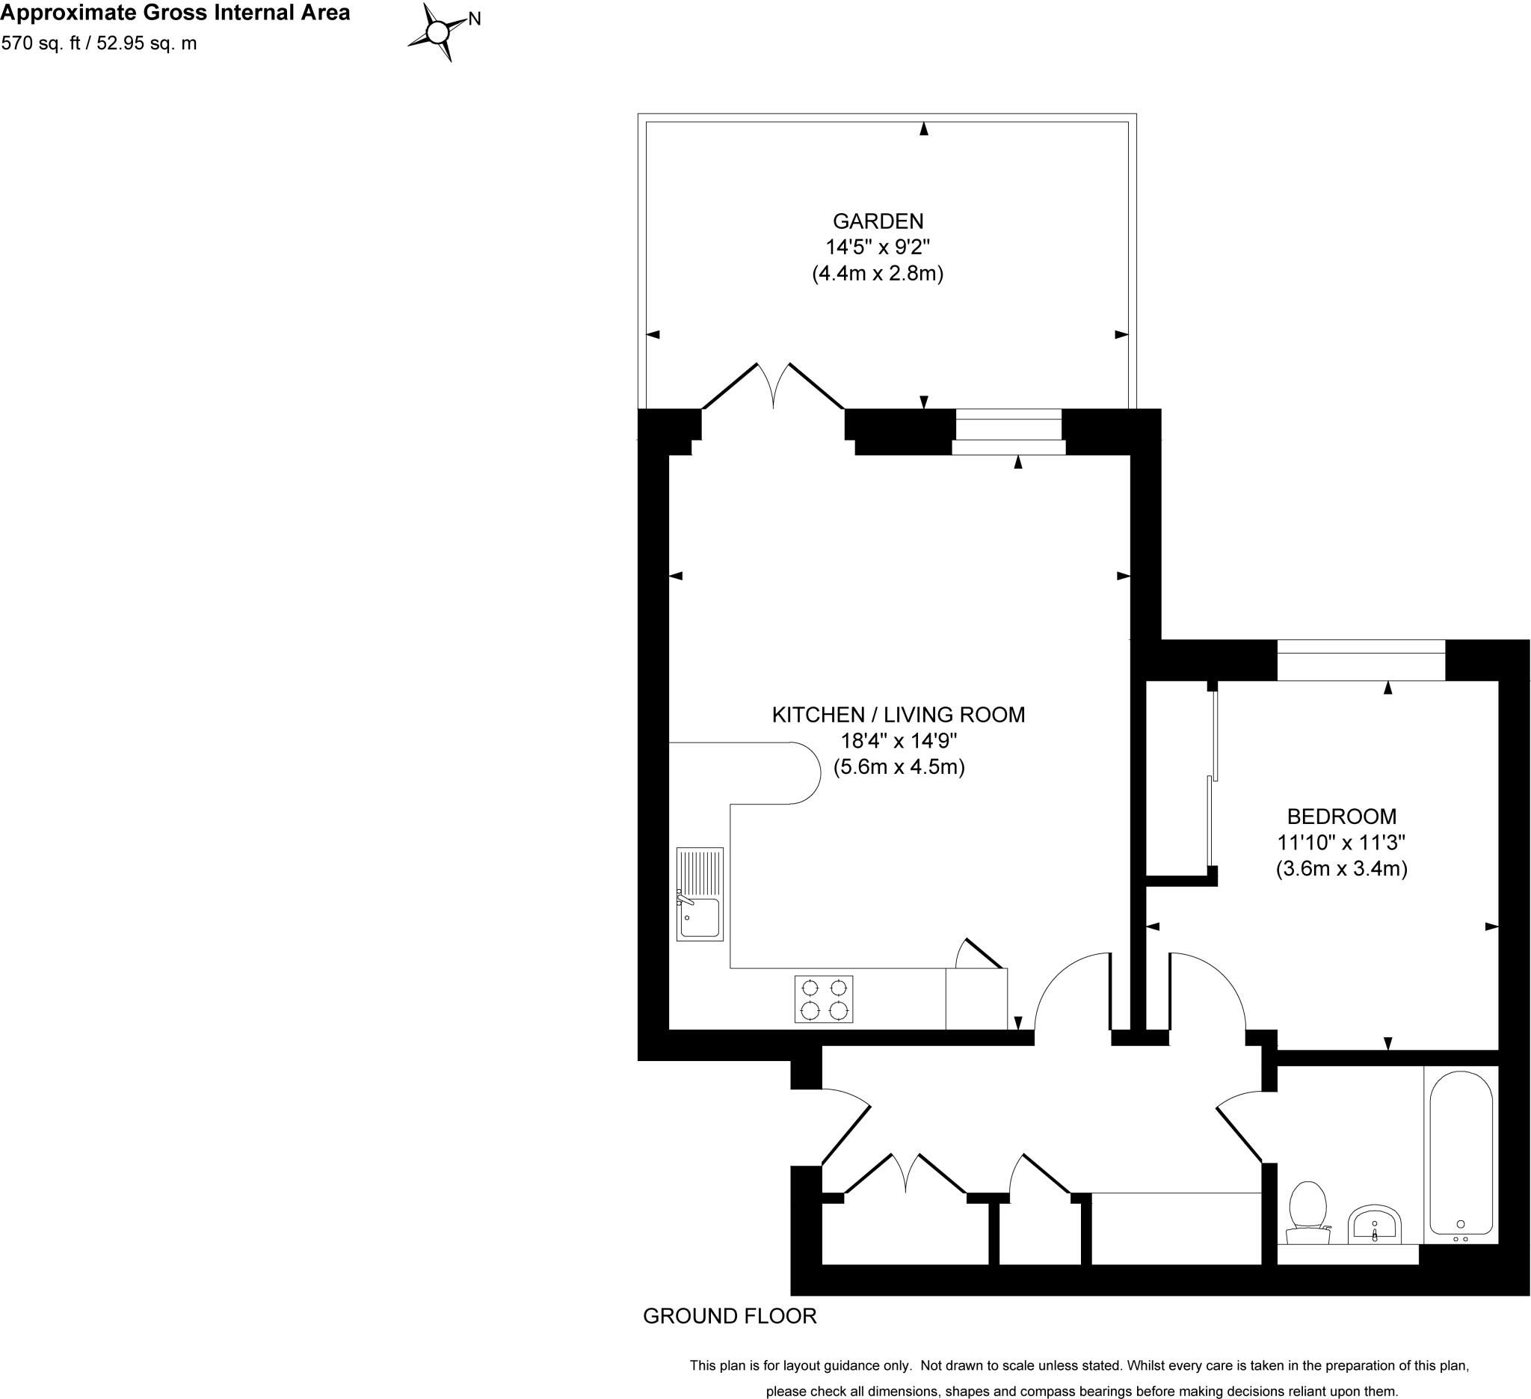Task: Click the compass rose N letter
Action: tap(475, 19)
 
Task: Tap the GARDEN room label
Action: tap(878, 221)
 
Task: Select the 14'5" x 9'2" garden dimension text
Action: tap(878, 247)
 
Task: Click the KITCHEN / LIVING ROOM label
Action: tap(899, 715)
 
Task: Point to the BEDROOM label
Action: tap(1341, 817)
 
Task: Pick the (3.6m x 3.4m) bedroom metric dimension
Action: tap(1341, 868)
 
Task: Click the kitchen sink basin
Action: tap(700, 917)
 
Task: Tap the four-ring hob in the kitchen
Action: tap(824, 999)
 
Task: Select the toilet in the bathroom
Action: tap(1307, 1208)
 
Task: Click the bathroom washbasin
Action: tap(1375, 1223)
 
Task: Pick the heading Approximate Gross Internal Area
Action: tap(176, 13)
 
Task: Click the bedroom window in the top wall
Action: tap(1361, 660)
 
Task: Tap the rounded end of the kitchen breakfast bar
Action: tap(805, 772)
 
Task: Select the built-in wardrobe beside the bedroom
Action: tap(1177, 778)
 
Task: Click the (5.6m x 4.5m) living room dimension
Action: tap(899, 766)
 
